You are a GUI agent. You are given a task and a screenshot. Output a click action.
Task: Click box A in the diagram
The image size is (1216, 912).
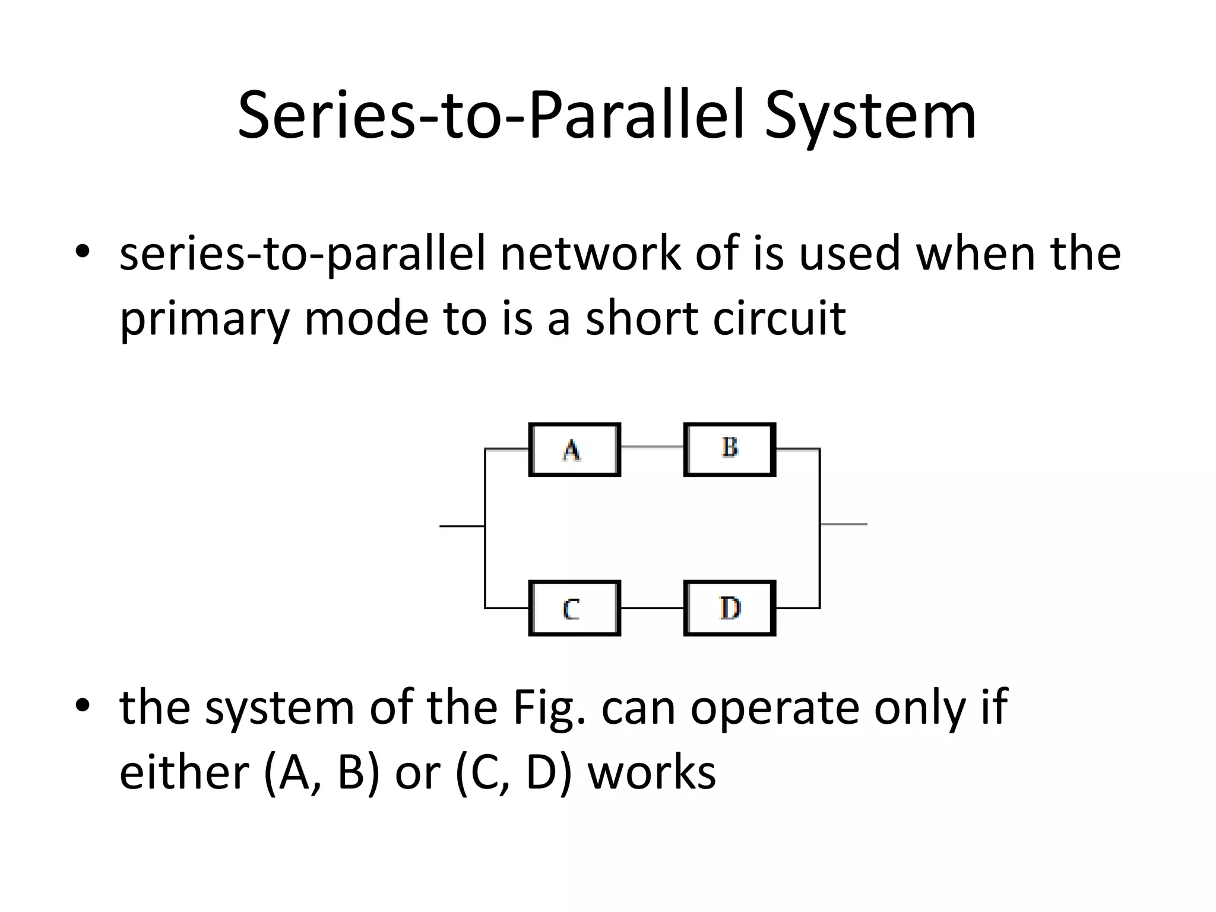click(574, 449)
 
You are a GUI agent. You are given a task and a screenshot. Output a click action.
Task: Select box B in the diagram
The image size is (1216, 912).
click(730, 449)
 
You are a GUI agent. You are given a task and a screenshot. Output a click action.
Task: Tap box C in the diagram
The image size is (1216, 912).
click(574, 609)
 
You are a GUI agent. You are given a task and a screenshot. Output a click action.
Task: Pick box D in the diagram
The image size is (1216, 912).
click(730, 609)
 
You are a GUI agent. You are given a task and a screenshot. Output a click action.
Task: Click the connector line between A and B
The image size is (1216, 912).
click(652, 446)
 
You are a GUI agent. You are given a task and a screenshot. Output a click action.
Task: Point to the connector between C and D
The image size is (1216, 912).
click(652, 609)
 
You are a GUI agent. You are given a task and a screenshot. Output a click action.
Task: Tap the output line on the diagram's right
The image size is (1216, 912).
click(844, 524)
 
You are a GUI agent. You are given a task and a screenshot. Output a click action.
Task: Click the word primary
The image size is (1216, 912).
click(204, 319)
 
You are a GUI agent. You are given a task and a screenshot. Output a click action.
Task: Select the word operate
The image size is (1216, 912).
click(774, 708)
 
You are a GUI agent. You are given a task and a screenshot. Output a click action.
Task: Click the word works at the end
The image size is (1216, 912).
click(651, 772)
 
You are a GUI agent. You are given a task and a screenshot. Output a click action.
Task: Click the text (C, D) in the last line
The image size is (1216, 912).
click(513, 772)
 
